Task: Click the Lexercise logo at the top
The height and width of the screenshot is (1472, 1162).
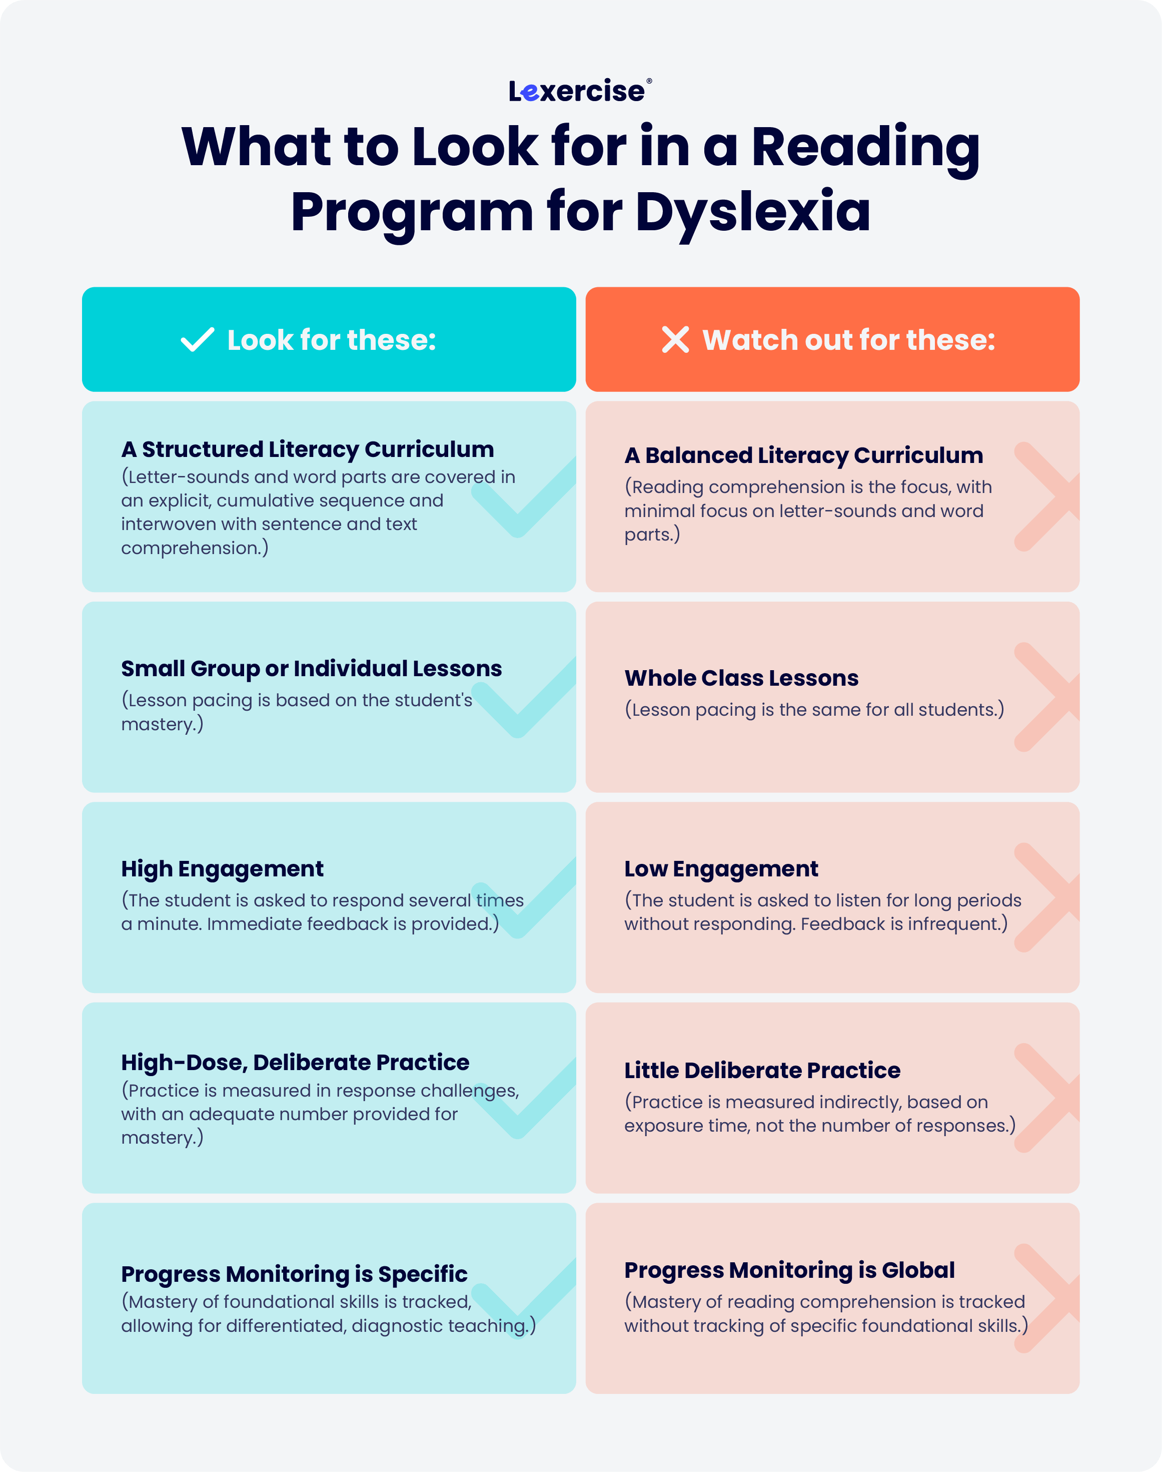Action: [x=580, y=91]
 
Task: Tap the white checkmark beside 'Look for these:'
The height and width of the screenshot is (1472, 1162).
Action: [x=197, y=339]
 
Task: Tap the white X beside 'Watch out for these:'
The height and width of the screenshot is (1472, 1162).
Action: [x=676, y=339]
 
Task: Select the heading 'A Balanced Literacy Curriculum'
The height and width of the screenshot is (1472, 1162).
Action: [x=803, y=455]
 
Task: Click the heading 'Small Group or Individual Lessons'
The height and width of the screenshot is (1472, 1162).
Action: [x=312, y=669]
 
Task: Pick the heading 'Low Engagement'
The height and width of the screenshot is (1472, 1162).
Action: [x=721, y=869]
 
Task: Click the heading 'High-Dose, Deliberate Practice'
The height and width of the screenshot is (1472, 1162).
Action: [x=295, y=1062]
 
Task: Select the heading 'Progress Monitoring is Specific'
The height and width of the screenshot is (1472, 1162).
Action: [x=295, y=1274]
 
